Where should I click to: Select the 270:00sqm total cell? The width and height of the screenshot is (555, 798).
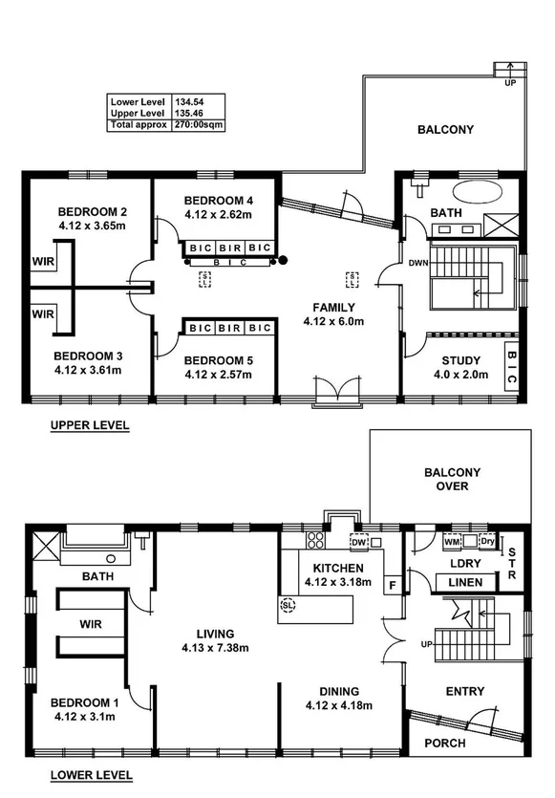click(199, 124)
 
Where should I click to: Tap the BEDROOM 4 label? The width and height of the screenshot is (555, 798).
click(219, 201)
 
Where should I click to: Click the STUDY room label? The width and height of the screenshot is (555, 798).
click(460, 360)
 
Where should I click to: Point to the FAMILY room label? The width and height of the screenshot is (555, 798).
click(333, 308)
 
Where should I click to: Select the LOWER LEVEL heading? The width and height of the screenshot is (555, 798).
click(93, 775)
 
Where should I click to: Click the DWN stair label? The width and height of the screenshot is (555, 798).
click(417, 262)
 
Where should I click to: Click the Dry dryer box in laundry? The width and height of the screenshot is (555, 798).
click(488, 543)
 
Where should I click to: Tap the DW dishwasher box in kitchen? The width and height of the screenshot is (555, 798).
click(359, 543)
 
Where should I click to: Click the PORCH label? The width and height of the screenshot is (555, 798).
click(444, 743)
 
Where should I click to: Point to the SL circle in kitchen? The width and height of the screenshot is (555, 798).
click(288, 604)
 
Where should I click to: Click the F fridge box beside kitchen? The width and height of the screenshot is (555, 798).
click(392, 583)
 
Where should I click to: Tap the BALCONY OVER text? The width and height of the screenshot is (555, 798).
click(453, 479)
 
